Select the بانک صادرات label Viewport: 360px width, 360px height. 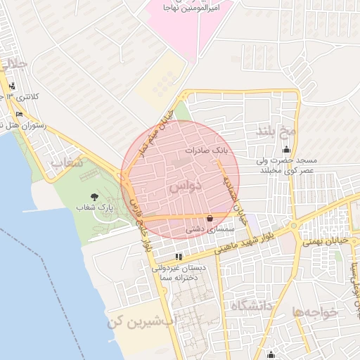(x=207, y=150)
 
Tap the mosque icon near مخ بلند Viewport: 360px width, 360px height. (x=286, y=149)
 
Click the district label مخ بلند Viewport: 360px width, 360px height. (x=278, y=130)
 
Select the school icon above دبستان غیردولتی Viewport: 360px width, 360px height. (x=179, y=257)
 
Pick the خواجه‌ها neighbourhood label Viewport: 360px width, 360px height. (x=316, y=311)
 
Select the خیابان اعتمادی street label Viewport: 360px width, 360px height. (x=234, y=194)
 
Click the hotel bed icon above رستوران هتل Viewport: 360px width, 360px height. (x=19, y=114)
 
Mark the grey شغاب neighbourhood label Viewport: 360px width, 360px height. (x=67, y=162)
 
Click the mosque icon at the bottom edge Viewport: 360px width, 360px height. (x=271, y=354)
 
